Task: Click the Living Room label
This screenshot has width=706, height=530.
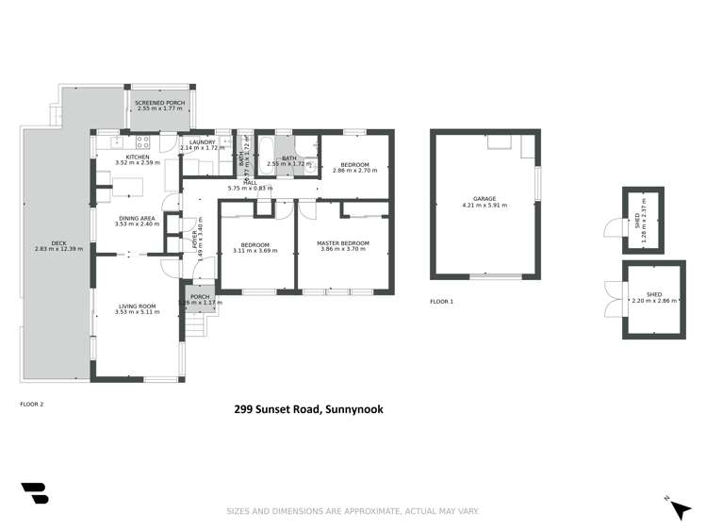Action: coord(138,306)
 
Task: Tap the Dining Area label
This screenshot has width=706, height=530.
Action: coord(135,218)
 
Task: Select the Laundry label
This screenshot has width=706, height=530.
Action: coord(203,142)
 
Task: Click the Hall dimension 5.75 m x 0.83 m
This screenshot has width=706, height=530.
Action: coord(250,189)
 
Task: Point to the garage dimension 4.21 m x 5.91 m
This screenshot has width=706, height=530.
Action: coord(484,206)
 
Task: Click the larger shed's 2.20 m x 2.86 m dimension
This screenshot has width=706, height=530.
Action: coord(647,301)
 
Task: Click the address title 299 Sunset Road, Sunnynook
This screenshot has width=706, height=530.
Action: coord(309,409)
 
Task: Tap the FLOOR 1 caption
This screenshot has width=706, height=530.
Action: coord(441,302)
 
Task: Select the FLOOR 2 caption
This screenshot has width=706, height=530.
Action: coord(32,404)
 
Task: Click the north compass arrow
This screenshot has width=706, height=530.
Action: coord(679,508)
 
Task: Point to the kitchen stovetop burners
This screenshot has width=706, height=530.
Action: coord(143,143)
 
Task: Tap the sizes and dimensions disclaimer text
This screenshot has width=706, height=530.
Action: coord(353,511)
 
